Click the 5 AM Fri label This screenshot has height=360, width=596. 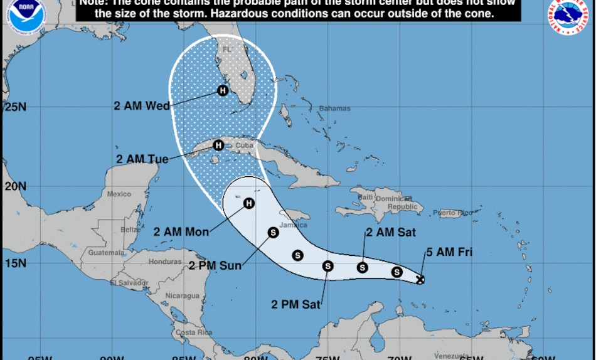(x=449, y=253)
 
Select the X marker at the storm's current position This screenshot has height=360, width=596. (x=420, y=280)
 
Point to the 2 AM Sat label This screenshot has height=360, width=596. (x=391, y=233)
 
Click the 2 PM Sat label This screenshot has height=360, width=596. (x=296, y=305)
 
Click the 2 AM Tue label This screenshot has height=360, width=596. (x=142, y=159)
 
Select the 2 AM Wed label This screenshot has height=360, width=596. (x=142, y=106)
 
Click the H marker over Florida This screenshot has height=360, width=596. (x=222, y=90)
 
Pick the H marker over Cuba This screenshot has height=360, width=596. (x=218, y=146)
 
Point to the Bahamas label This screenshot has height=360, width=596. (x=334, y=109)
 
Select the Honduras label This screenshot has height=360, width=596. (x=166, y=262)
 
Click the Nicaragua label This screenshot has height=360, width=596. (x=183, y=296)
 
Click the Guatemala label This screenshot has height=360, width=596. (x=107, y=253)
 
